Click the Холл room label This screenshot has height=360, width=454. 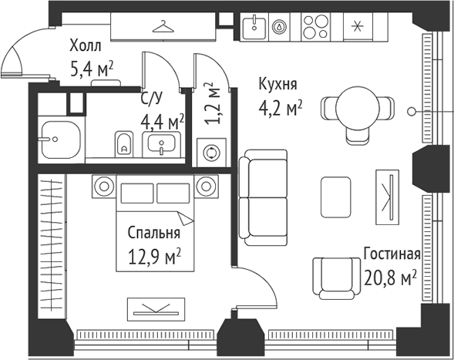[85, 45]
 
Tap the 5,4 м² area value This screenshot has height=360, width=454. [91, 70]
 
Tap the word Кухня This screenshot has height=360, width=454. [277, 84]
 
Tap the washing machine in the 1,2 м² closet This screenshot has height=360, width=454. [210, 151]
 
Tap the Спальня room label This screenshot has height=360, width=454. [153, 234]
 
